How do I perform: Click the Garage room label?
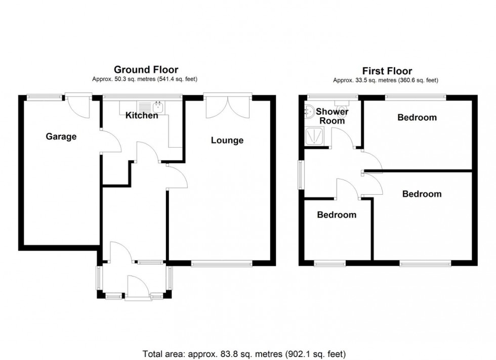coord(61,137)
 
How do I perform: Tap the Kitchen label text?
coord(142,116)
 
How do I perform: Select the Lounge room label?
coord(227,141)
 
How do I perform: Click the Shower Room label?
coord(332,116)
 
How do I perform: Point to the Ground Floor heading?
coord(146,70)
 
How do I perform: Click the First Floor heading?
coord(387,71)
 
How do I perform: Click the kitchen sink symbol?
coord(158,106)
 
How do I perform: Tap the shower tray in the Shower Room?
coord(316,136)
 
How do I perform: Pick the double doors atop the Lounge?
coord(228,106)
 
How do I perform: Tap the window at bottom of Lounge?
coord(222,263)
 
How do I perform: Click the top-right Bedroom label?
coord(417,118)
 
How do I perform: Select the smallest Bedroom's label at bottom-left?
coord(337,215)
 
